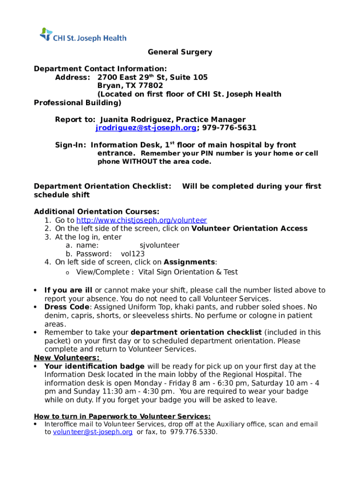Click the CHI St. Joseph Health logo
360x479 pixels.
tap(83, 36)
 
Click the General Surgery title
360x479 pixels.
tap(180, 52)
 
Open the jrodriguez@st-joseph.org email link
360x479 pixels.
tap(145, 128)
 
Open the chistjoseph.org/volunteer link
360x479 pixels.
tap(141, 220)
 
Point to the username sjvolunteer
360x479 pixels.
tap(159, 245)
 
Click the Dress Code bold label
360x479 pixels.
tap(66, 307)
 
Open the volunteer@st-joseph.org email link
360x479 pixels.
tap(93, 432)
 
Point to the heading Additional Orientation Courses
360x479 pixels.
tap(96, 211)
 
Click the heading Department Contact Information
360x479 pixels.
tap(100, 69)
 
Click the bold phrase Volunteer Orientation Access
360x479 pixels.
tap(250, 228)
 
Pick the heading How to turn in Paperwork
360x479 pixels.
tap(122, 416)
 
